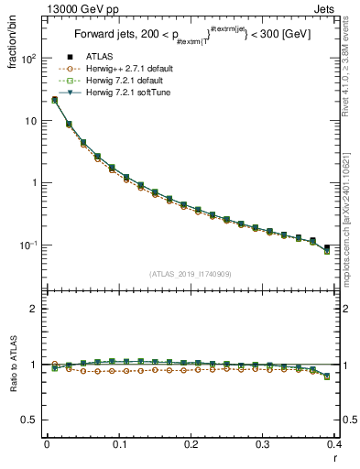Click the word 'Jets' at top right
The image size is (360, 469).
(x=325, y=7)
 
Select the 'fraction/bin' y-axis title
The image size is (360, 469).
(x=14, y=43)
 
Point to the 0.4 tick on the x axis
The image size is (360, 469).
(x=334, y=444)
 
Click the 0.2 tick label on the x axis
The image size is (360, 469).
(x=191, y=444)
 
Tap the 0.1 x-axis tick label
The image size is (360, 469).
(x=118, y=444)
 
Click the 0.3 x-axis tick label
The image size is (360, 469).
(x=263, y=444)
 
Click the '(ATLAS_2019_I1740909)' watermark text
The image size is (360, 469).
(x=190, y=273)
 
